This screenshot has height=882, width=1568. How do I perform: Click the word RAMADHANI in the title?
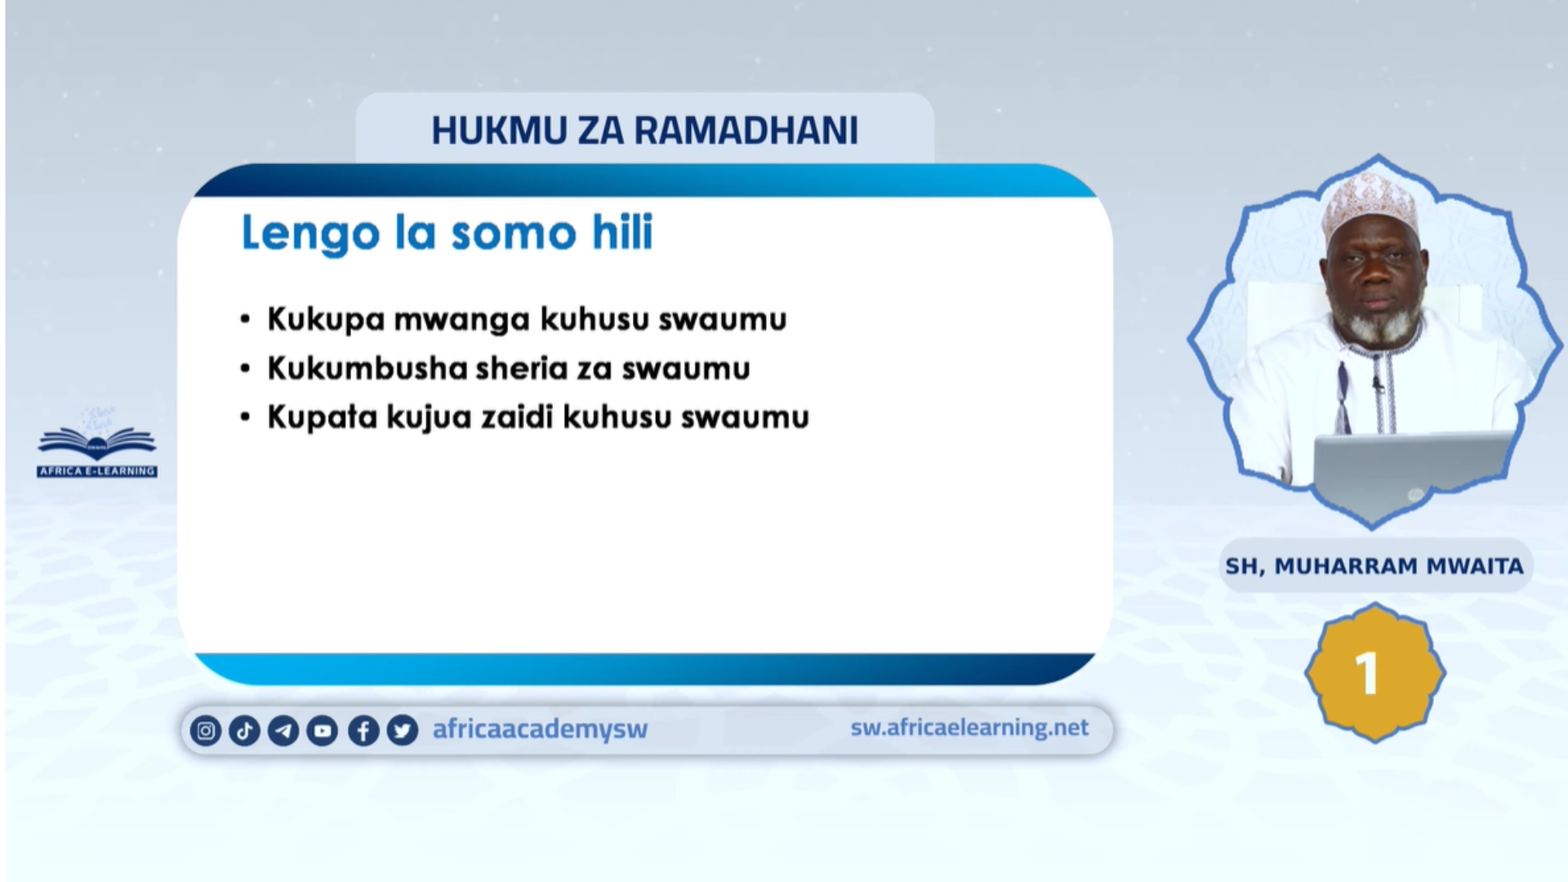coord(746,131)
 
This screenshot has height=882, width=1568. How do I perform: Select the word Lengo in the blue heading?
coord(311,234)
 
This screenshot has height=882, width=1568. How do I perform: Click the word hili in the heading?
coord(622,232)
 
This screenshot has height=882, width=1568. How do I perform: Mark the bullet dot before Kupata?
coord(245,417)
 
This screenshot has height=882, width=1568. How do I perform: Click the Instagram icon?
coord(206,730)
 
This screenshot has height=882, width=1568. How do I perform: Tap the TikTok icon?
coord(244,730)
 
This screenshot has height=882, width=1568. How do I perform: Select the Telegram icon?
coord(283,730)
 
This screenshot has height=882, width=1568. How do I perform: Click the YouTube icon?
coord(323,730)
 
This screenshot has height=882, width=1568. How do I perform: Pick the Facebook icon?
coord(363,730)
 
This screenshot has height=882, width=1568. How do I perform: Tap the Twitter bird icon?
coord(403,730)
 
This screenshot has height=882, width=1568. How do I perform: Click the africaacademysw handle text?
coord(540,728)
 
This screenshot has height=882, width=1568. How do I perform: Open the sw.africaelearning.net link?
coord(969,727)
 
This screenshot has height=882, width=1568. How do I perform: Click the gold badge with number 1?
coord(1374,673)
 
